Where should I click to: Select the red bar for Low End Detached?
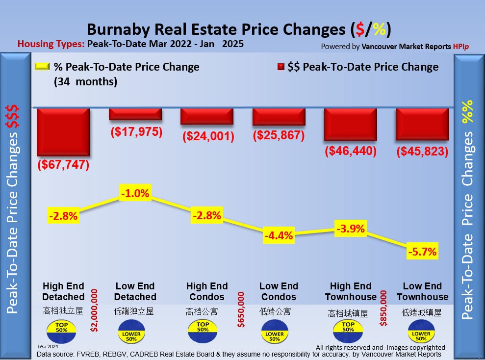[x=135, y=113]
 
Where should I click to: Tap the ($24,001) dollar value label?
[x=207, y=136]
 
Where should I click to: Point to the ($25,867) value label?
[x=279, y=135]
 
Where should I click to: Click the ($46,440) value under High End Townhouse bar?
[x=351, y=151]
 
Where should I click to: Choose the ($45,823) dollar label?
[x=422, y=152]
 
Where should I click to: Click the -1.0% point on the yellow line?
[x=135, y=193]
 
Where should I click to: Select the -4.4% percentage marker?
[x=279, y=235]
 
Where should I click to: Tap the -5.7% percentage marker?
[x=422, y=252]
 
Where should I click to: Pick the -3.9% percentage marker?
[x=351, y=228]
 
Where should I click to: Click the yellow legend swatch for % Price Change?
[x=42, y=67]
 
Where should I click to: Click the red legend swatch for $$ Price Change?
[x=281, y=67]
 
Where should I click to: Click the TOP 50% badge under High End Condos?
[x=203, y=330]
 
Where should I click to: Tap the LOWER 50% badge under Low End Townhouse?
[x=421, y=333]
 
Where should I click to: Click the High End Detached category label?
[x=63, y=291]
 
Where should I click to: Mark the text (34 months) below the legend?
[x=86, y=82]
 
